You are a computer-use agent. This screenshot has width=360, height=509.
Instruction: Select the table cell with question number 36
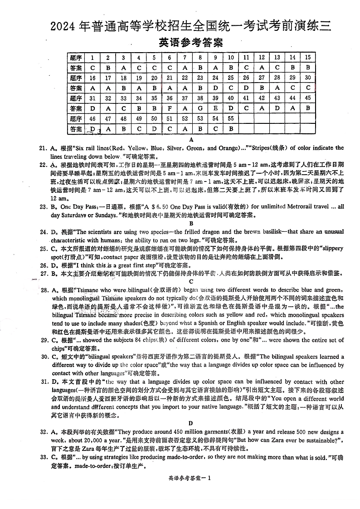[170, 98]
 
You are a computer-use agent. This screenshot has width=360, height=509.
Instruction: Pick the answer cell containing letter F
[170, 108]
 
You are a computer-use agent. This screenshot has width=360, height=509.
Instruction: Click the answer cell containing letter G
[200, 108]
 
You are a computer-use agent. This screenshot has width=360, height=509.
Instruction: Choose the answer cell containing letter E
[216, 108]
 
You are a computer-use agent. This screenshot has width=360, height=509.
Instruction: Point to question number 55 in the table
[231, 119]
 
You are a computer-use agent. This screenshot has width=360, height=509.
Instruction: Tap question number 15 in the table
[308, 58]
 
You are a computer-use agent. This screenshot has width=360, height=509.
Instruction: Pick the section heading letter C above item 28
[191, 281]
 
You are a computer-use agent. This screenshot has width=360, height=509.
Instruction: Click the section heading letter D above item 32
[191, 423]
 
